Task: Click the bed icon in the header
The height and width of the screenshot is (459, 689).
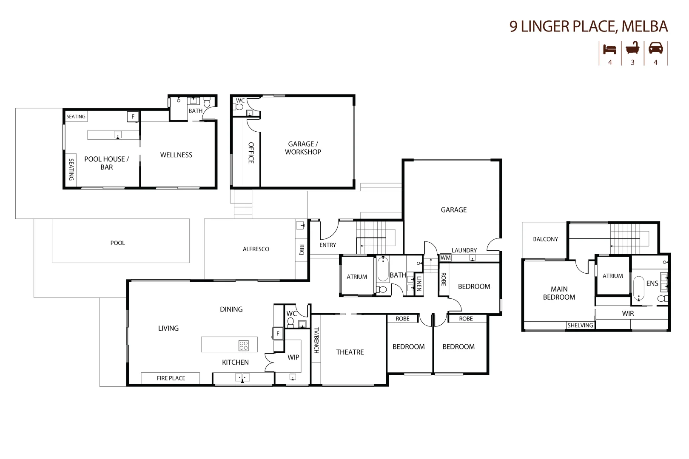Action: (x=609, y=49)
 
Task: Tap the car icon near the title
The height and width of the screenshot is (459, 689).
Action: (x=655, y=48)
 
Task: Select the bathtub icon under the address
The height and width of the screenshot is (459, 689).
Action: (x=632, y=48)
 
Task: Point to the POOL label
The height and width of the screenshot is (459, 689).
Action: (x=118, y=243)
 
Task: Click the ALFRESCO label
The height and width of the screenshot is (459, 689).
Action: (x=256, y=249)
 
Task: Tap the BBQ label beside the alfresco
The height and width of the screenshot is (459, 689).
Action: (x=302, y=249)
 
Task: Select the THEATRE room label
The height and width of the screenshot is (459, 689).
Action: (x=350, y=352)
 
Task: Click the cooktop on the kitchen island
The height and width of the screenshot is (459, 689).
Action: (x=244, y=345)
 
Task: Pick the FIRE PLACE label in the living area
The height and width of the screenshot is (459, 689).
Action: (x=171, y=378)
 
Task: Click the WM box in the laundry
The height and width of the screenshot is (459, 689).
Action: (x=445, y=258)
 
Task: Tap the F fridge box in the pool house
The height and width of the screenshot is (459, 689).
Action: (x=133, y=116)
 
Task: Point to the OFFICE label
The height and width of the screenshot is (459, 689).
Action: (x=251, y=153)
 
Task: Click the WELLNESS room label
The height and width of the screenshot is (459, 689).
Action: (x=176, y=155)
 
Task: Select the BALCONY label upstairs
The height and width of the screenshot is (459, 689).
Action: (x=545, y=239)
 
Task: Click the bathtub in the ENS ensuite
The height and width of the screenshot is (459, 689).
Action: (x=638, y=289)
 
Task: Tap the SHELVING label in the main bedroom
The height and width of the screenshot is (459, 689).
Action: (x=580, y=325)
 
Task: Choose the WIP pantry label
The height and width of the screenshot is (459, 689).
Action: (x=293, y=357)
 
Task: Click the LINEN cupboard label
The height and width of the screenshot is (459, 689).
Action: (x=419, y=283)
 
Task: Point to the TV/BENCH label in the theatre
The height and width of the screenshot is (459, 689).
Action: (x=316, y=340)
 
